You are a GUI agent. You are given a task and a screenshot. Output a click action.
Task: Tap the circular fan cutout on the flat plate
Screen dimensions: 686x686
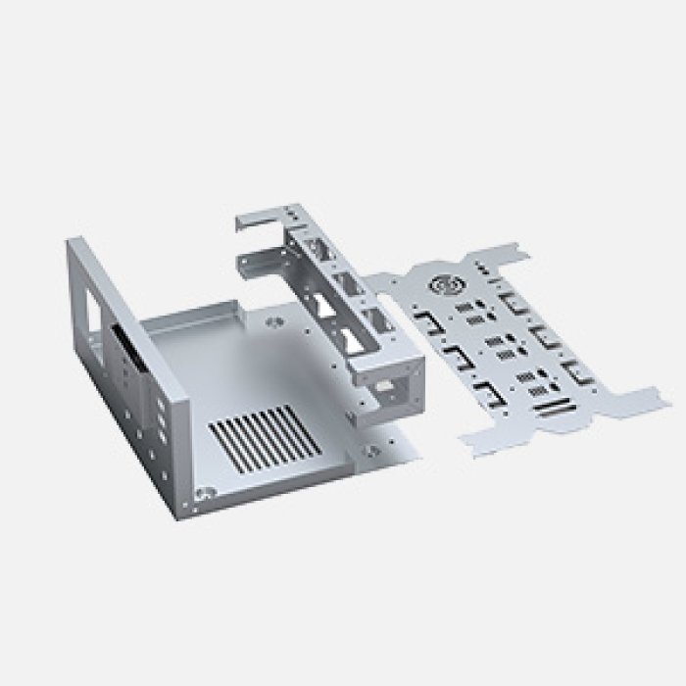coord(445,286)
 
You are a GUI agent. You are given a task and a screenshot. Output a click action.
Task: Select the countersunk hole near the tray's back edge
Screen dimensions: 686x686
coord(270,320)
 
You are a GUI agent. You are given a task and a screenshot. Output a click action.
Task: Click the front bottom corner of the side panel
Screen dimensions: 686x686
coord(181,514)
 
